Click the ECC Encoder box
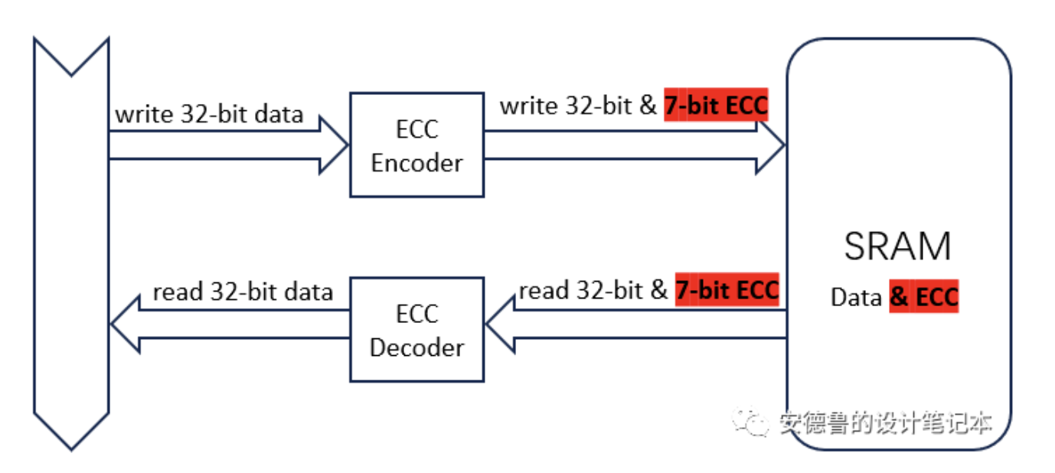416,145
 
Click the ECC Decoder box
416,329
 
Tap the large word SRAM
897,246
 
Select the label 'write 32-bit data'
209,115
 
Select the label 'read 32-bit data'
243,292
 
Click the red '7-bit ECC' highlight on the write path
715,106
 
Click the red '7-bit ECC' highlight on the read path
726,290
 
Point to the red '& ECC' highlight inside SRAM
923,296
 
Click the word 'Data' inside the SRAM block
856,297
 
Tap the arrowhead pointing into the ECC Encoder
335,145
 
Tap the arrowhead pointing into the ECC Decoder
500,329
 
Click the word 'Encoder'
416,163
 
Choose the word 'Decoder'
416,347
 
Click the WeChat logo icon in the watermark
750,422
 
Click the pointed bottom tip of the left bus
71,447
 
